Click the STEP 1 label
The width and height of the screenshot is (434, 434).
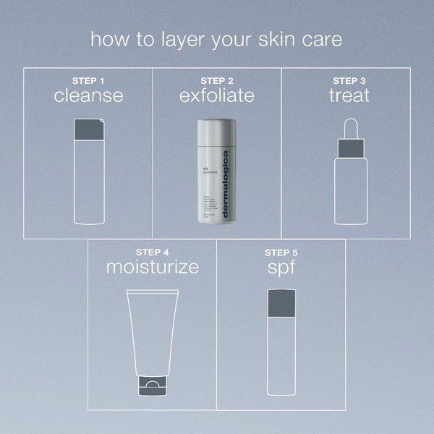pyautogui.click(x=88, y=80)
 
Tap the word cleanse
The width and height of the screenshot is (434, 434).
pyautogui.click(x=88, y=95)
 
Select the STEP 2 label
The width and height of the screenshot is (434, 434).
pyautogui.click(x=217, y=80)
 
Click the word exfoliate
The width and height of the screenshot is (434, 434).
pyautogui.click(x=217, y=95)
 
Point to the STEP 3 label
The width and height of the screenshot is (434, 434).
pyautogui.click(x=350, y=80)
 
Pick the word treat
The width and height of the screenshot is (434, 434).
pyautogui.click(x=350, y=95)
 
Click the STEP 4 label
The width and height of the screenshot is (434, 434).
pyautogui.click(x=153, y=252)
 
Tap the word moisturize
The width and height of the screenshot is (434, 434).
pyautogui.click(x=153, y=267)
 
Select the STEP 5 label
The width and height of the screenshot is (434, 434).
pyautogui.click(x=281, y=252)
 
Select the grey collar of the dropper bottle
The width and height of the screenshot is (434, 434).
pyautogui.click(x=350, y=148)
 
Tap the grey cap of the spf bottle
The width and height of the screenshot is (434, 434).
pyautogui.click(x=281, y=302)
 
